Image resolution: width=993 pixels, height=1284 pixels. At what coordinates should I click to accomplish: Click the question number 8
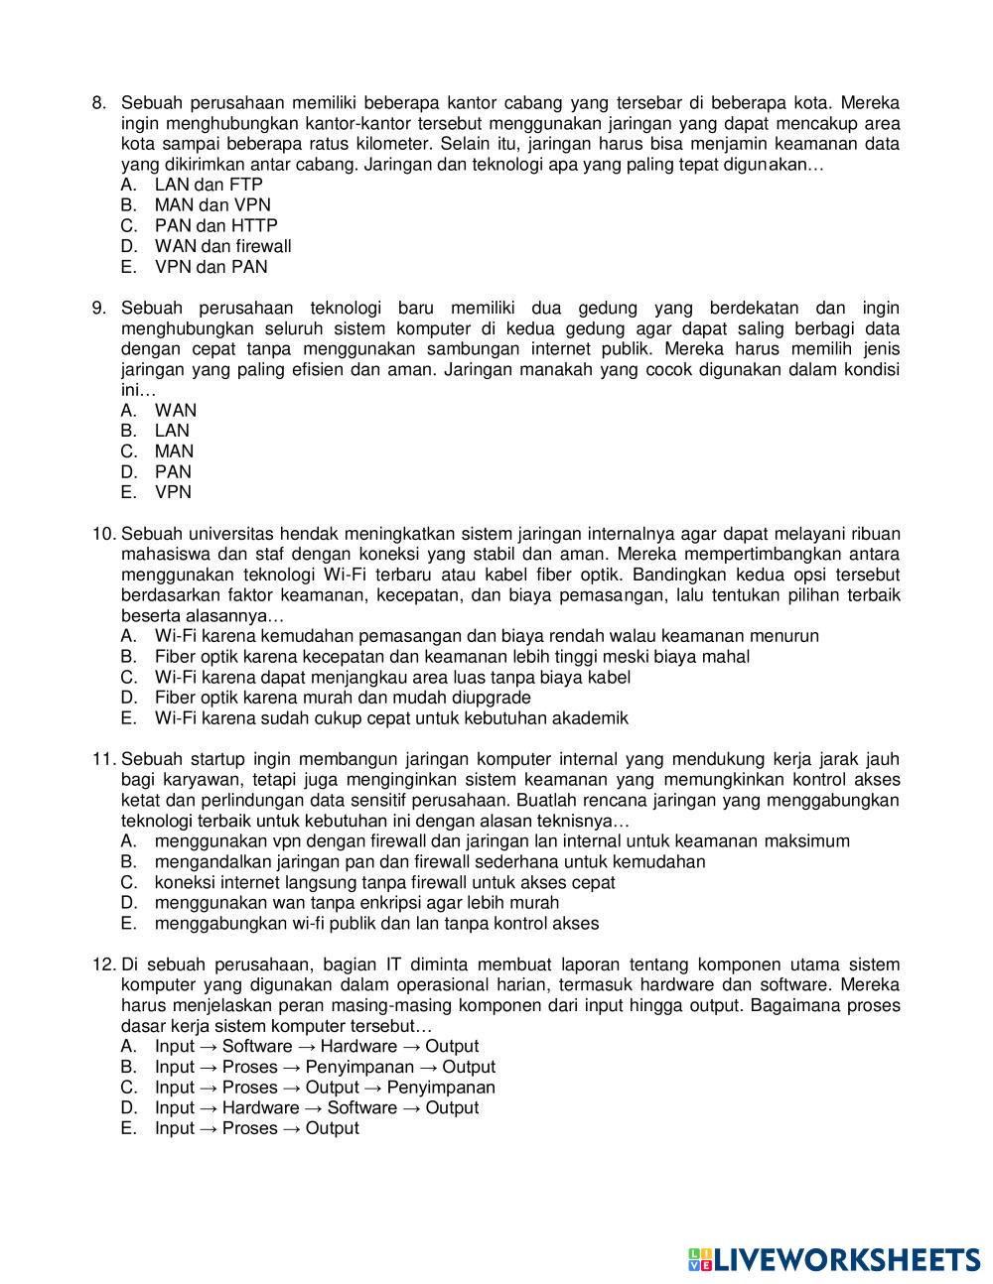[98, 103]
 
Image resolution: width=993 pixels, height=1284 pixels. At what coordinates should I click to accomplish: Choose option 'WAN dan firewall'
[222, 246]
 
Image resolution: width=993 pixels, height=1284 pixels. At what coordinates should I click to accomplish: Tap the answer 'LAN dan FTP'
[209, 185]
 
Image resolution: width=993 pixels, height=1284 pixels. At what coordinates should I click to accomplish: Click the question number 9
[98, 309]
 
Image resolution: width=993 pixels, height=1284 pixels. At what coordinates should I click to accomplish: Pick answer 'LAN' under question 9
[172, 431]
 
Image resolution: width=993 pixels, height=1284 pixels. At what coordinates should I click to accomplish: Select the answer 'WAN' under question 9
[176, 411]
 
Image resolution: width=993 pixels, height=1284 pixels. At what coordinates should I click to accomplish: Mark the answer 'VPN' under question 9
[173, 492]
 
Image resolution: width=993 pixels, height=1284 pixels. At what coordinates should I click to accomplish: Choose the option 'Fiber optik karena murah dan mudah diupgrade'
[343, 698]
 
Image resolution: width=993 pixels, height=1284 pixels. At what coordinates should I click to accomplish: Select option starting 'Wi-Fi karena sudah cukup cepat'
[391, 718]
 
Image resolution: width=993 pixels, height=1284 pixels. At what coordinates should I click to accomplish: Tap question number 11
[103, 760]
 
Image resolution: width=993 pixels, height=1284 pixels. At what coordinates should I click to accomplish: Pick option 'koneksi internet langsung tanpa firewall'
[384, 882]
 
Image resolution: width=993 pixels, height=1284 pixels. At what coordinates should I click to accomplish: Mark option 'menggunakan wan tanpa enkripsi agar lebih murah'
[356, 903]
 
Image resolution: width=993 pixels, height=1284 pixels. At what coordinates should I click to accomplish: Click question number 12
[103, 964]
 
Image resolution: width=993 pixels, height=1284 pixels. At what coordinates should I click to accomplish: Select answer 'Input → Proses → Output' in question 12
[256, 1128]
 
